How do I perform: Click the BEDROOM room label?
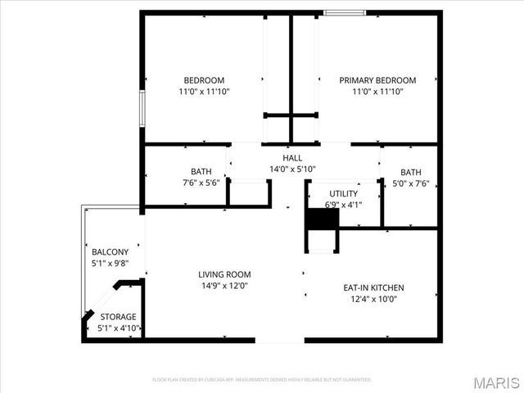(x=204, y=80)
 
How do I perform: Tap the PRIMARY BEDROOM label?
(x=377, y=80)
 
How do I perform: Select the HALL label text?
(x=292, y=158)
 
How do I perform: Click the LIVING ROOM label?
(x=224, y=274)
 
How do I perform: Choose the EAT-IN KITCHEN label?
(x=373, y=288)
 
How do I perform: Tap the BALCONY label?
(x=110, y=252)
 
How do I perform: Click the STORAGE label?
(x=118, y=317)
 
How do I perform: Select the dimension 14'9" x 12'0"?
(x=224, y=286)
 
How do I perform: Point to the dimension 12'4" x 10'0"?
(x=373, y=300)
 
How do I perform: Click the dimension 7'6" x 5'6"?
(x=201, y=183)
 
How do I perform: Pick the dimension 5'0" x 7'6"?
(x=411, y=183)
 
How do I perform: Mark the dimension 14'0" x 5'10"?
(x=292, y=169)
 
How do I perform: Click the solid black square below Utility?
(x=322, y=220)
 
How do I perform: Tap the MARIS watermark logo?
(x=496, y=382)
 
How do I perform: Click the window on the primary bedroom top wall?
(x=344, y=12)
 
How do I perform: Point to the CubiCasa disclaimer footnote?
(x=262, y=380)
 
